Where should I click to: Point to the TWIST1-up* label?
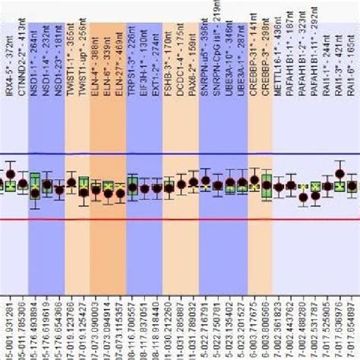click(x=84, y=34)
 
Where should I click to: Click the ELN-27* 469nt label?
click(x=120, y=34)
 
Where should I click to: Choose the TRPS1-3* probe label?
click(x=132, y=34)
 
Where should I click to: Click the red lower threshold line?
click(x=180, y=219)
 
